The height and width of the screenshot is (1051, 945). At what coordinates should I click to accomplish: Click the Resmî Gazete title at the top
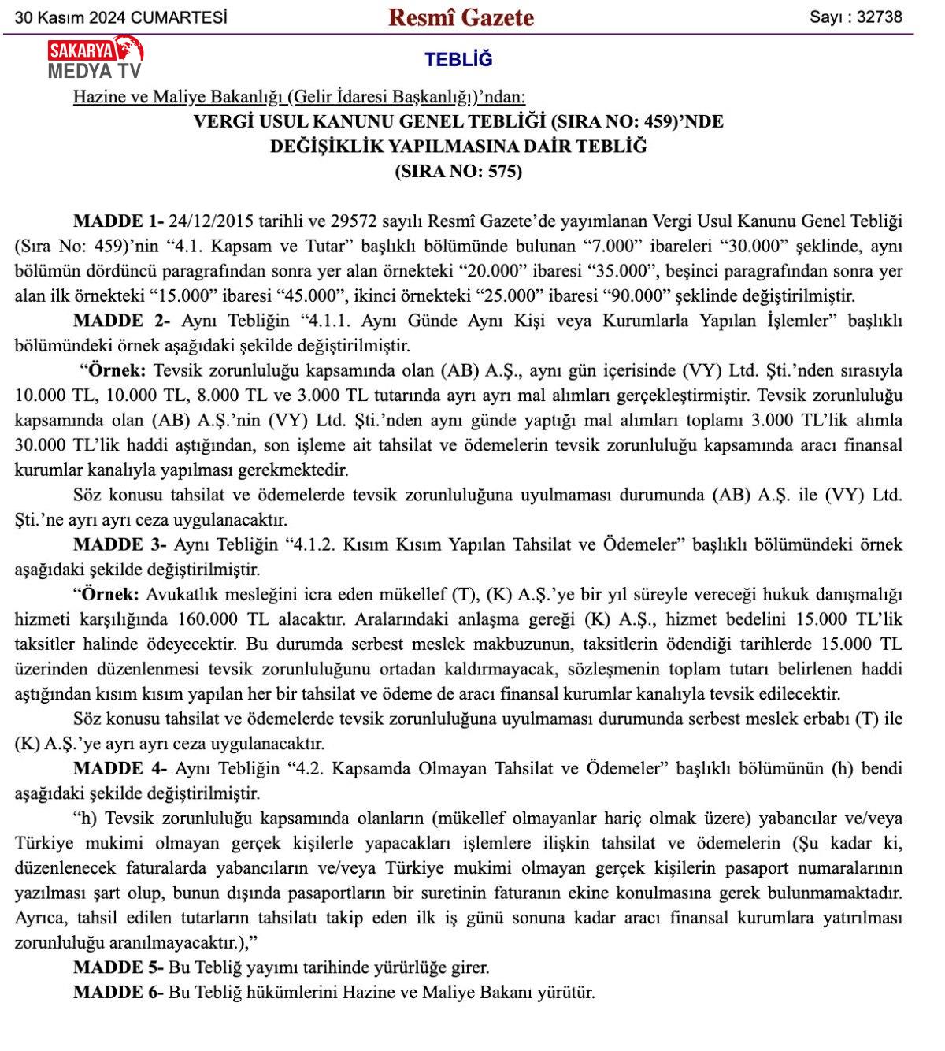click(x=461, y=17)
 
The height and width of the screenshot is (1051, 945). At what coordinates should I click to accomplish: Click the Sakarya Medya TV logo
click(x=94, y=59)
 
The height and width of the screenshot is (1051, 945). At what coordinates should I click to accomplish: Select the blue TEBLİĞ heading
click(x=458, y=60)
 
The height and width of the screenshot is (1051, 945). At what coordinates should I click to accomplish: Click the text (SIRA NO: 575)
click(x=458, y=171)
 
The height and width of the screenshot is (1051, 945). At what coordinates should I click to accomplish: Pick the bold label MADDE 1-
click(x=119, y=221)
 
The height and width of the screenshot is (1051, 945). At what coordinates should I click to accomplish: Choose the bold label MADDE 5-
click(x=119, y=967)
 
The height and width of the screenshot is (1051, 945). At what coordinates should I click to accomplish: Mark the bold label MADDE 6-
click(x=119, y=992)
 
